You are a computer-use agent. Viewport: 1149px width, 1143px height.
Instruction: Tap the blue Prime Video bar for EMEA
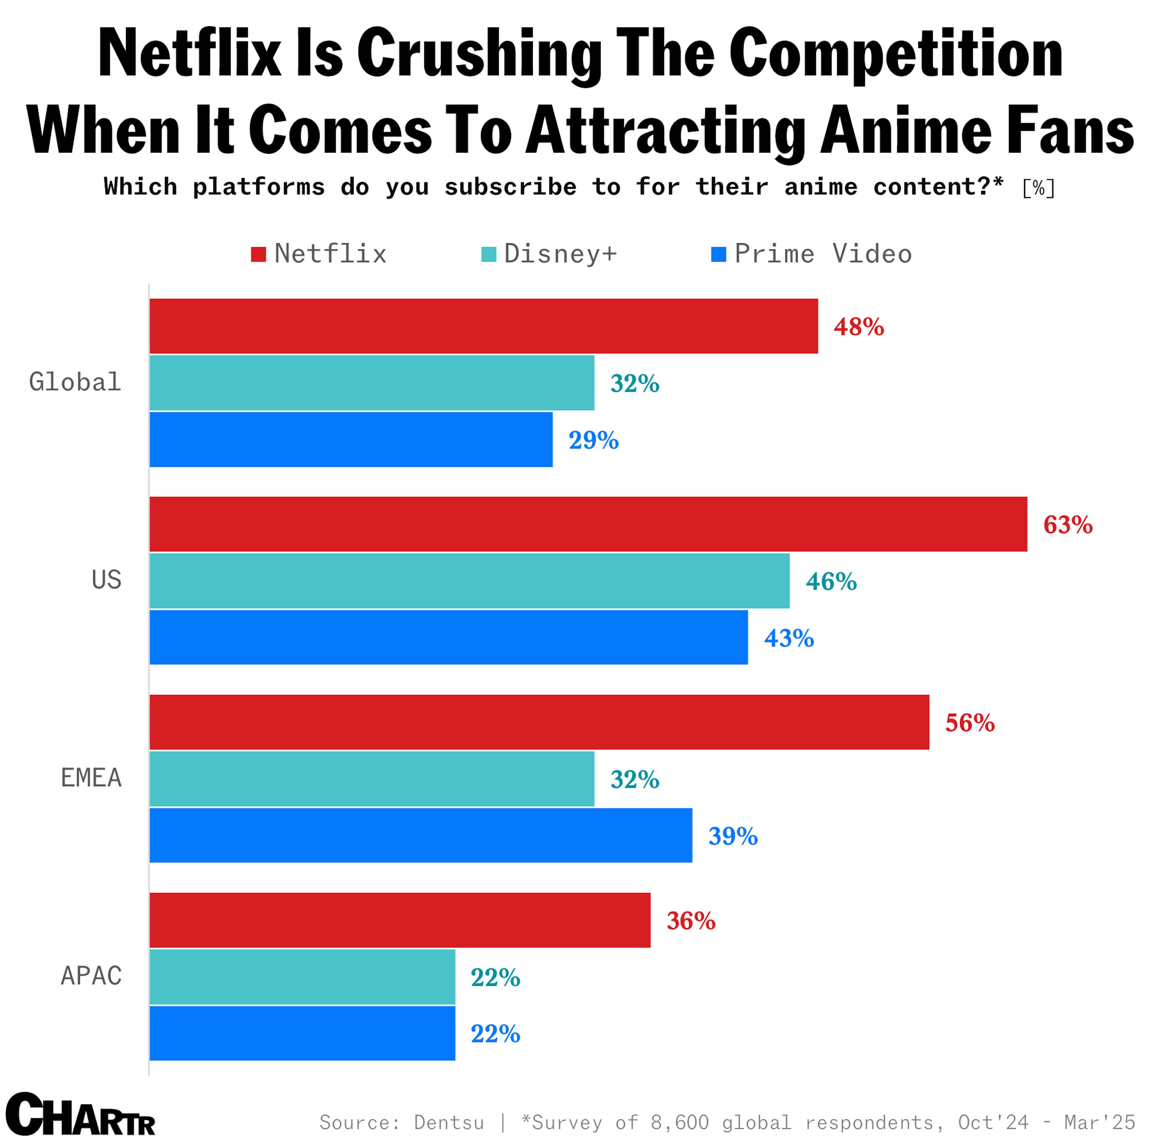tap(420, 835)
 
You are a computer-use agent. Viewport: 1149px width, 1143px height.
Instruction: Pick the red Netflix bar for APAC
tap(400, 920)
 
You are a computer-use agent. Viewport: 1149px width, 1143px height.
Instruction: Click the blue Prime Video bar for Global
tap(351, 439)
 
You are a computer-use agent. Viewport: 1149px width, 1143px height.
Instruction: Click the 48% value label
tap(858, 326)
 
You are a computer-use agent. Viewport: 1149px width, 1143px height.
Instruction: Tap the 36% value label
tap(691, 920)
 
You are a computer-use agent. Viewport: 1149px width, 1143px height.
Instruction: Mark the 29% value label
tap(593, 440)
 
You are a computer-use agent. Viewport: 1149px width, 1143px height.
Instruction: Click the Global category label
tap(75, 382)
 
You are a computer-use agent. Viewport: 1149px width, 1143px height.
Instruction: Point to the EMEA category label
tap(91, 777)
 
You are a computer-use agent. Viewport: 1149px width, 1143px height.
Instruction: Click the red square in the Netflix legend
tap(258, 255)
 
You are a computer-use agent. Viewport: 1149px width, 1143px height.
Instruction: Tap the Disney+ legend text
tap(560, 254)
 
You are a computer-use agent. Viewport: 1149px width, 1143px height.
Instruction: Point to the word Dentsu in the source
tap(449, 1122)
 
